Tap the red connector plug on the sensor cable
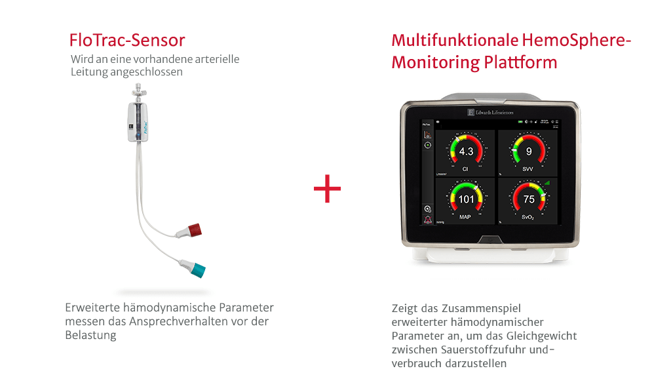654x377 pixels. [194, 231]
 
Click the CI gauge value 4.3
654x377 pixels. [465, 152]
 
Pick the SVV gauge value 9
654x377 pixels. [528, 152]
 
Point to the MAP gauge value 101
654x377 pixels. [465, 199]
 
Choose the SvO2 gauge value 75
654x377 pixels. [528, 199]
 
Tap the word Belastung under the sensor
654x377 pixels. [90, 335]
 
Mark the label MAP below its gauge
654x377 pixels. [465, 216]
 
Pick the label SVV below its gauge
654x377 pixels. [528, 169]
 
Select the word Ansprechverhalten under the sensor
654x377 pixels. [189, 321]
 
